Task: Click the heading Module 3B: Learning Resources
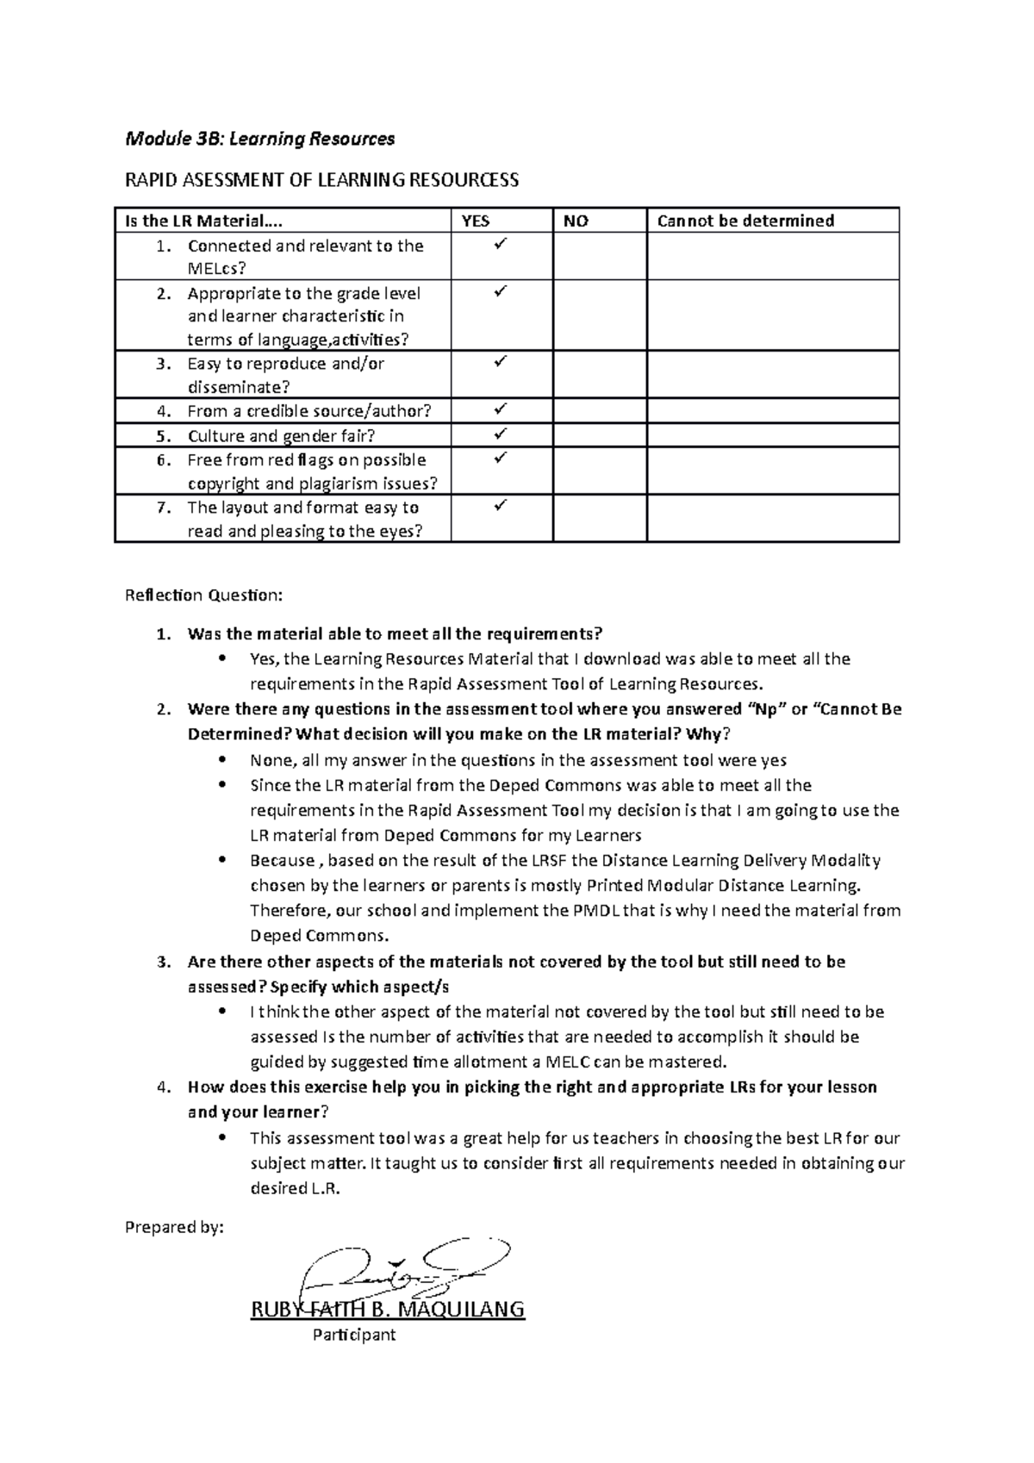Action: (x=259, y=139)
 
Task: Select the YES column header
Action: (x=476, y=221)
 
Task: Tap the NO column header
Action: (x=576, y=221)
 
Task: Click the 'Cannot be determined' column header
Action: (x=745, y=221)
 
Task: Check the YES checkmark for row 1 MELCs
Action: (x=498, y=246)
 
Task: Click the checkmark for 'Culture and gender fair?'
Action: (x=498, y=434)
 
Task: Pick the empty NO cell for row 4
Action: (x=600, y=410)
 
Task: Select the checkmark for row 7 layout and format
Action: (x=498, y=506)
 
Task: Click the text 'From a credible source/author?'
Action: (x=308, y=411)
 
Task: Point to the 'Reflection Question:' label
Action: (x=203, y=595)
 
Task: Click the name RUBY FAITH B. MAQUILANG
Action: (x=387, y=1310)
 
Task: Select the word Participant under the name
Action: (x=353, y=1335)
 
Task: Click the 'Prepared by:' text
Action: (x=174, y=1227)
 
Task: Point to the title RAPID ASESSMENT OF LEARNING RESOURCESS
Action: (x=322, y=180)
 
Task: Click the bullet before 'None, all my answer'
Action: (x=223, y=760)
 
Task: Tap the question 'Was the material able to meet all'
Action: (x=395, y=634)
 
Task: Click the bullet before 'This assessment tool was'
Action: (x=223, y=1137)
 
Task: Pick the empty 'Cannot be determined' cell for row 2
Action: (x=772, y=314)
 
